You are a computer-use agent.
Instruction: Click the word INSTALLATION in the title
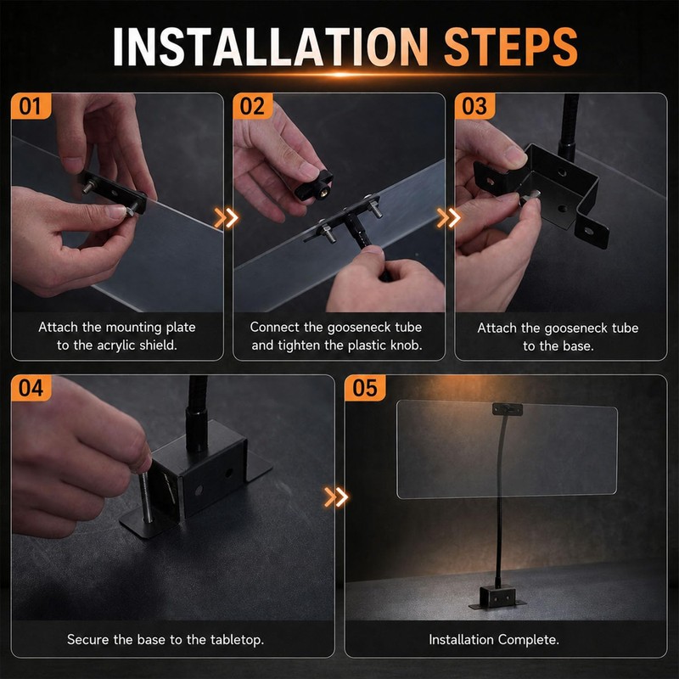pyautogui.click(x=271, y=47)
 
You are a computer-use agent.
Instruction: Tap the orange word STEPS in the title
pyautogui.click(x=511, y=47)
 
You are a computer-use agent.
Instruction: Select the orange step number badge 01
pyautogui.click(x=31, y=106)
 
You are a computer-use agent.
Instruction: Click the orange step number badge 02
pyautogui.click(x=252, y=106)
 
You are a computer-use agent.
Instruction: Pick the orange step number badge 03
pyautogui.click(x=474, y=106)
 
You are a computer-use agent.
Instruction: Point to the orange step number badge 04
pyautogui.click(x=31, y=388)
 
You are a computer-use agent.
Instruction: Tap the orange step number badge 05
pyautogui.click(x=365, y=388)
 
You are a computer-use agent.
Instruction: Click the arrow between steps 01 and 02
pyautogui.click(x=226, y=218)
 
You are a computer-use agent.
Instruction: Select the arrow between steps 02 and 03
pyautogui.click(x=449, y=218)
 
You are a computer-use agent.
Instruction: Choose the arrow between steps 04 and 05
pyautogui.click(x=336, y=497)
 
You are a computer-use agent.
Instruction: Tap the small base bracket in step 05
pyautogui.click(x=497, y=597)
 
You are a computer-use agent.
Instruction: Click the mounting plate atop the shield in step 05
pyautogui.click(x=507, y=409)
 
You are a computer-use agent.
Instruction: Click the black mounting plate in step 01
pyautogui.click(x=113, y=193)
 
